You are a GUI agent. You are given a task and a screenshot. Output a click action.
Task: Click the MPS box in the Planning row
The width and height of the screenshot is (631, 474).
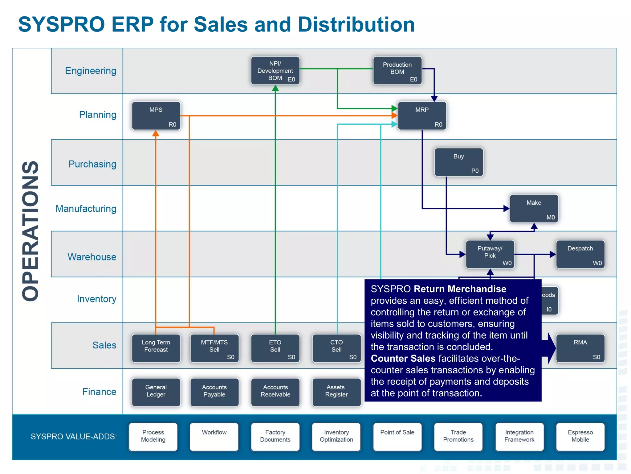click(156, 116)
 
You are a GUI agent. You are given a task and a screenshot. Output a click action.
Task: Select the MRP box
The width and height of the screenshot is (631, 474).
click(422, 116)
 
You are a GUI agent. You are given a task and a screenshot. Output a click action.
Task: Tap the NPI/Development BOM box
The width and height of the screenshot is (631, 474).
click(275, 71)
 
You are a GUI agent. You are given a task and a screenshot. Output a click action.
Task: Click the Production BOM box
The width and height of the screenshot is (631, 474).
click(397, 71)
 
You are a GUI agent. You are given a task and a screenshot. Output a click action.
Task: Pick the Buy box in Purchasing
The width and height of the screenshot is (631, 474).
click(458, 162)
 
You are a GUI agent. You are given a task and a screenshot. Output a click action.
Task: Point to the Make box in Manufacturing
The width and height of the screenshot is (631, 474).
click(534, 209)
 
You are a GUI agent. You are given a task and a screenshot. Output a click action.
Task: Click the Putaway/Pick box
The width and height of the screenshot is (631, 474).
click(490, 254)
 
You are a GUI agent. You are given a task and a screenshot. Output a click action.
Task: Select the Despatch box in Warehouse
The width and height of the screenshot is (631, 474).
click(580, 254)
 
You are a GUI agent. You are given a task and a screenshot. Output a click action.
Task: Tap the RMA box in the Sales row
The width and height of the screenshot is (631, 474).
click(580, 348)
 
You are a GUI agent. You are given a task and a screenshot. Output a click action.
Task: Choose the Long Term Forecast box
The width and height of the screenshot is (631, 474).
click(156, 348)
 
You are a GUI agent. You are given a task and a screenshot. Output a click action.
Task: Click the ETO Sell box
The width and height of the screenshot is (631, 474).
click(275, 348)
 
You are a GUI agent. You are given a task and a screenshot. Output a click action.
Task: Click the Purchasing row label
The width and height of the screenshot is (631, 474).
click(92, 164)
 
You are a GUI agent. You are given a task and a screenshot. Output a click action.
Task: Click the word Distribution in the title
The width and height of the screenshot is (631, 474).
click(356, 24)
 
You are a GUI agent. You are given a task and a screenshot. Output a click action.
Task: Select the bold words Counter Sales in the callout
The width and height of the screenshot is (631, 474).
click(403, 358)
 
